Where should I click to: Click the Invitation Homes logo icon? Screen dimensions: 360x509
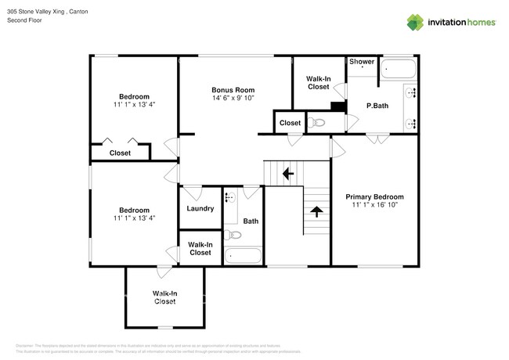(x=415, y=23)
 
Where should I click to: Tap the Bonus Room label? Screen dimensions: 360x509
(x=233, y=90)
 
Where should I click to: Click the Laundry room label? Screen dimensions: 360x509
(x=200, y=208)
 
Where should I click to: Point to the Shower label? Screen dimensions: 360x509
(x=362, y=61)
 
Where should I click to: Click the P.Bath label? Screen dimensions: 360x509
(x=377, y=106)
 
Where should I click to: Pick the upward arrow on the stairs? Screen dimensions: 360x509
(x=316, y=211)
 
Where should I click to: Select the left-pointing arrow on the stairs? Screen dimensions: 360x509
(x=287, y=172)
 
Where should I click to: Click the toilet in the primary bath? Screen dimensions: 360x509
(x=317, y=122)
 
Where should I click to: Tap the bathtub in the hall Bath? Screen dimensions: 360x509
(x=243, y=256)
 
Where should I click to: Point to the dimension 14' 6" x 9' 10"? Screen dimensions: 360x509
(x=233, y=99)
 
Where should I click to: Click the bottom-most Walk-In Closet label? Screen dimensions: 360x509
(x=164, y=297)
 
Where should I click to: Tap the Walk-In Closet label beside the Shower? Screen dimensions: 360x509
(x=318, y=82)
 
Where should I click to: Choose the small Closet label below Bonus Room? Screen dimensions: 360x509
(x=290, y=123)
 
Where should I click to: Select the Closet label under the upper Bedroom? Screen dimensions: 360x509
(x=120, y=153)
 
